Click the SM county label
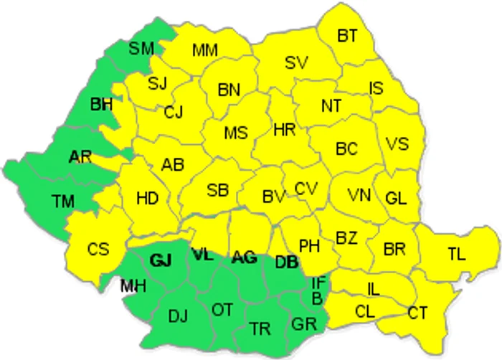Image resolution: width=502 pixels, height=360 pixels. point(141,49)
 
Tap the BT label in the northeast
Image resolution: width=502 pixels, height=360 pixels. point(348,34)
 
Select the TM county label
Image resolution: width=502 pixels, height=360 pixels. point(63,201)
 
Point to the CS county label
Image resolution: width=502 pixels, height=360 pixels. point(98,250)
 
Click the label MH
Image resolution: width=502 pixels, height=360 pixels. point(133,287)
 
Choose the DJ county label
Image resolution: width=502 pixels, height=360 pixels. point(178,315)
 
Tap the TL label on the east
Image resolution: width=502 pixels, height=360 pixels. point(456,254)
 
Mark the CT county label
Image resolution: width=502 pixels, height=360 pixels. point(418,312)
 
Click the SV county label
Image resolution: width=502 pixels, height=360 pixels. point(295,62)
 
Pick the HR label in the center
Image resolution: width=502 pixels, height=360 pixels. point(285,130)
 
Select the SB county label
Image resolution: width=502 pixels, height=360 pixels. point(217,190)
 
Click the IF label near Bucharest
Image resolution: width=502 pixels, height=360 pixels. point(319,282)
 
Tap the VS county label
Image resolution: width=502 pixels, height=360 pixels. point(397,143)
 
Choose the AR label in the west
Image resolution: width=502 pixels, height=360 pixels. point(80,157)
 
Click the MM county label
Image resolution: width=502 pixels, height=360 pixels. point(205,50)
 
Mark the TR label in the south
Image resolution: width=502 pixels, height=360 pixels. point(260,328)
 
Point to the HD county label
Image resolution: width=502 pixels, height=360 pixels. point(147,197)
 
